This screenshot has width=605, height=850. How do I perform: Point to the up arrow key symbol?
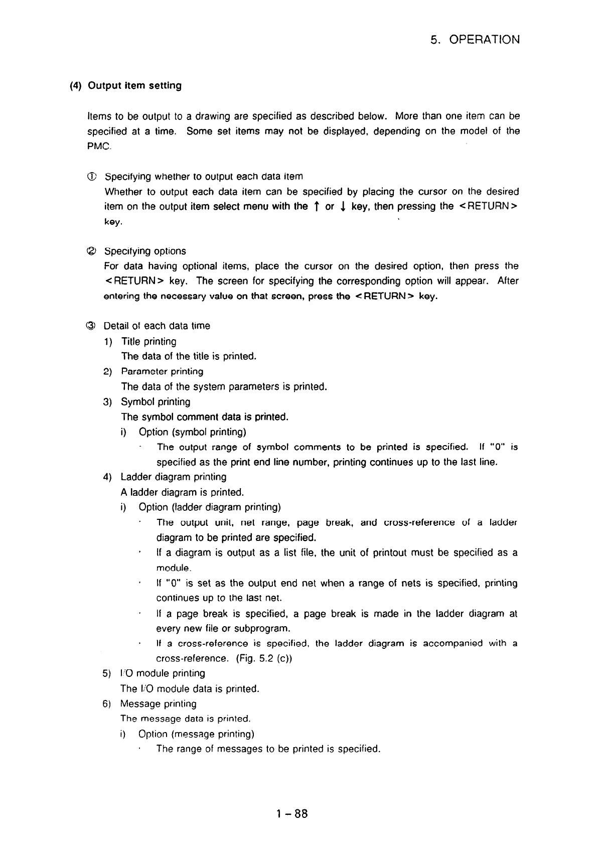(x=317, y=207)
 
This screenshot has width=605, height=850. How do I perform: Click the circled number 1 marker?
(x=91, y=177)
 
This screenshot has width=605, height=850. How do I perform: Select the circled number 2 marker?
(x=91, y=251)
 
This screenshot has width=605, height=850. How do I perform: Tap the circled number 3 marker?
(x=91, y=326)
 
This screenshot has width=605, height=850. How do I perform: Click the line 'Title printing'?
(x=148, y=342)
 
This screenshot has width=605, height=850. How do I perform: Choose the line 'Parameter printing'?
(x=162, y=372)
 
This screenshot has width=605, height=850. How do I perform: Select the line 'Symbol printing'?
(x=156, y=402)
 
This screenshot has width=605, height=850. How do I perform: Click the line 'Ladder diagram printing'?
(x=173, y=477)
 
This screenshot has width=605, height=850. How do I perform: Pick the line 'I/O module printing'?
(x=163, y=673)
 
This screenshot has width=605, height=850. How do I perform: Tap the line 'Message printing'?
(x=158, y=704)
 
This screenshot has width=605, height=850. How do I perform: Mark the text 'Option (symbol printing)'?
(x=192, y=432)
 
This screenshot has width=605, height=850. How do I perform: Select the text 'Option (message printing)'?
(x=196, y=734)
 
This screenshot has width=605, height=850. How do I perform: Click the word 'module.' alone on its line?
(x=174, y=568)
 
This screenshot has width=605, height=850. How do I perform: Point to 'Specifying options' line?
(x=145, y=251)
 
